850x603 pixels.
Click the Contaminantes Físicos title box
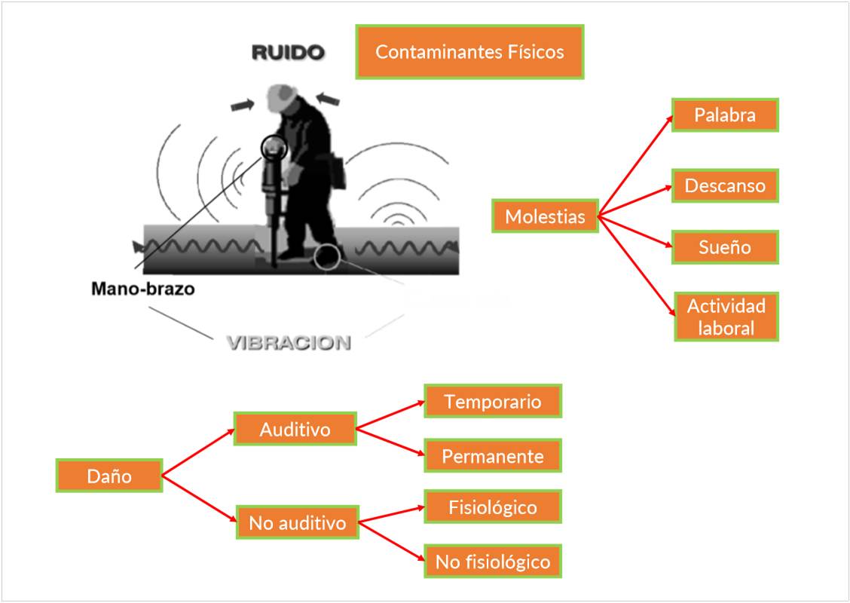click(x=469, y=52)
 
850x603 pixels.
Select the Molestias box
click(x=545, y=216)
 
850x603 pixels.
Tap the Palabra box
click(x=725, y=115)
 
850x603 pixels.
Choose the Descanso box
click(x=725, y=185)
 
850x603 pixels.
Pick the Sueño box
click(x=725, y=247)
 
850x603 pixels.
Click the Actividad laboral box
click(x=726, y=317)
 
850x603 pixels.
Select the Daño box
click(x=109, y=476)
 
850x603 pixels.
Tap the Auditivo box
click(x=295, y=429)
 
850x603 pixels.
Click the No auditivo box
click(x=297, y=522)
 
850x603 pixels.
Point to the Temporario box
click(x=493, y=401)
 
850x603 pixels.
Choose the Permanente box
click(x=493, y=456)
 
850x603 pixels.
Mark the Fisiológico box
click(x=493, y=507)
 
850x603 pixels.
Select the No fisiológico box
click(x=493, y=562)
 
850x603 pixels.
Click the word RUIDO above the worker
click(x=287, y=53)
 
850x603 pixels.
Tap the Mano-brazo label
click(x=142, y=289)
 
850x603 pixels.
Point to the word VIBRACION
click(x=289, y=343)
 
